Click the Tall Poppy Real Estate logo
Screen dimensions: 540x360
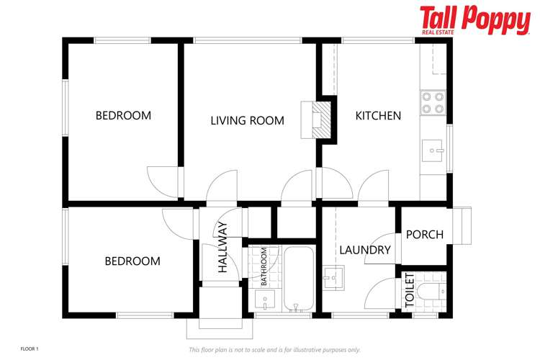tap(475, 20)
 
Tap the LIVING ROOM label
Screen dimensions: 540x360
tap(247, 120)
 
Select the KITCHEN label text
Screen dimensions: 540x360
tap(378, 116)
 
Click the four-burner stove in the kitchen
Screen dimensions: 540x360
tap(433, 103)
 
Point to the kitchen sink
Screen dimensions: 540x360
tap(433, 150)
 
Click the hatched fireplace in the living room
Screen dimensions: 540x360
tap(321, 120)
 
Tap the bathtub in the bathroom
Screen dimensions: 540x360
tap(298, 279)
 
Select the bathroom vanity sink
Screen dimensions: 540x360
tap(265, 299)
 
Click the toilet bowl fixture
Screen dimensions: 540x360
tap(431, 292)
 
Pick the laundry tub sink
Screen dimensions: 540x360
tap(333, 278)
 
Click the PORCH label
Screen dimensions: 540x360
tap(425, 235)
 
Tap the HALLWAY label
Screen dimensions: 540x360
tap(222, 248)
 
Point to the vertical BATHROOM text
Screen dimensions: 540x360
tap(264, 266)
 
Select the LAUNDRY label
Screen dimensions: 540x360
tap(365, 250)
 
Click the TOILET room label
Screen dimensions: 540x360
tap(410, 290)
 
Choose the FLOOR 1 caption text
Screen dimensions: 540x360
tap(30, 349)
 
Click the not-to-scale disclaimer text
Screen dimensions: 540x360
tap(274, 350)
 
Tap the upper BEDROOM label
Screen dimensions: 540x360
tap(123, 115)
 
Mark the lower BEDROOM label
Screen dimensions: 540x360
tap(132, 261)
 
